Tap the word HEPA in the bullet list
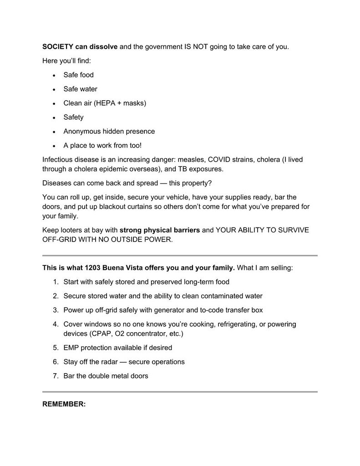click(106, 103)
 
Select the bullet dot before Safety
click(54, 117)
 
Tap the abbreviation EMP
click(71, 348)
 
